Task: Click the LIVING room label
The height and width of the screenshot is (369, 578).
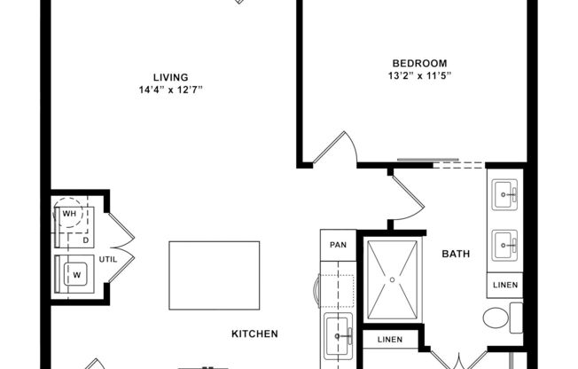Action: coord(170,77)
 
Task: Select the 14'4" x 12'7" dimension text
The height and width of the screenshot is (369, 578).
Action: coord(170,90)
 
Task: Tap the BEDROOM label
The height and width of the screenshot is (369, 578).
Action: coord(419,63)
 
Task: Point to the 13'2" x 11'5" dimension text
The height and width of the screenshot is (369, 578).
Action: coord(419,75)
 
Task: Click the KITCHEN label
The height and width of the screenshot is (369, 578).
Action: coord(254,334)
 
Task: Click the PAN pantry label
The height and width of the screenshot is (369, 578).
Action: coord(338,244)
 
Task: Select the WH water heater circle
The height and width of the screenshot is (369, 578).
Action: coord(68,214)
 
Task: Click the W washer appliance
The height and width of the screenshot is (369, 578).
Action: coord(74,275)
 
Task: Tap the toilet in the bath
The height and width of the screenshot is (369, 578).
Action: coord(500,317)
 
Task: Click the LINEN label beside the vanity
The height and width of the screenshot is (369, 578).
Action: coord(504,285)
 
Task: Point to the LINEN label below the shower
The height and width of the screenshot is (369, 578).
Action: coord(390,339)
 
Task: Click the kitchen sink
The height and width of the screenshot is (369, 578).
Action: coord(338,336)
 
